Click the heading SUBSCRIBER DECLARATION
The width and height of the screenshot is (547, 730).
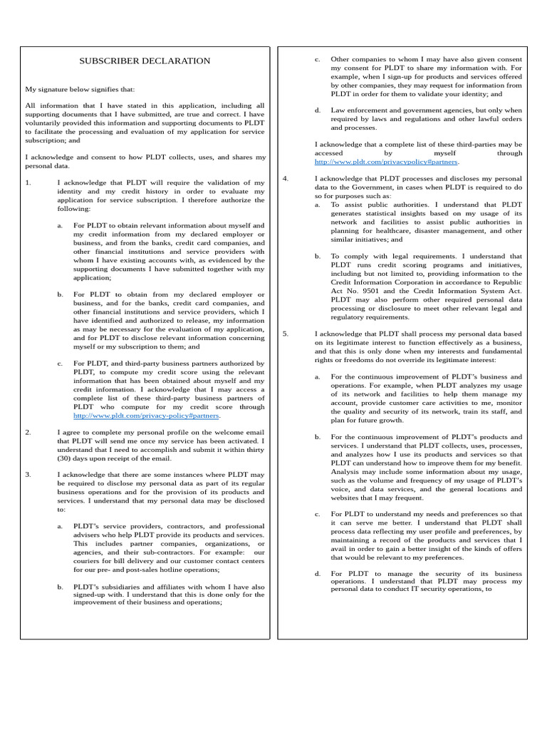click(145, 61)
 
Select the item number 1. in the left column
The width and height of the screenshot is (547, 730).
click(28, 182)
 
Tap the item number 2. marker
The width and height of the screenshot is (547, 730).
click(28, 432)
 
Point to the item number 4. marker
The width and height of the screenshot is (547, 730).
click(286, 178)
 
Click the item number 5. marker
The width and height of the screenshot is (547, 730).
click(286, 334)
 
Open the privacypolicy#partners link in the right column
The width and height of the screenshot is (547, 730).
click(382, 162)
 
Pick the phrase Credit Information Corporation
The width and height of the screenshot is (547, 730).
click(385, 282)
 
